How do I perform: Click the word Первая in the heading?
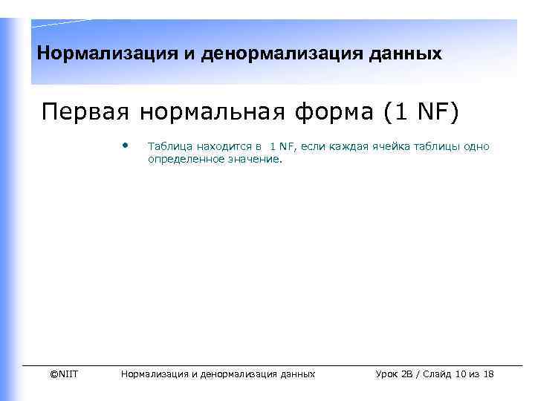pos(83,112)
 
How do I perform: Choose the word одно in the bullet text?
pos(477,146)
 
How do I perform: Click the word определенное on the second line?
pos(184,159)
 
